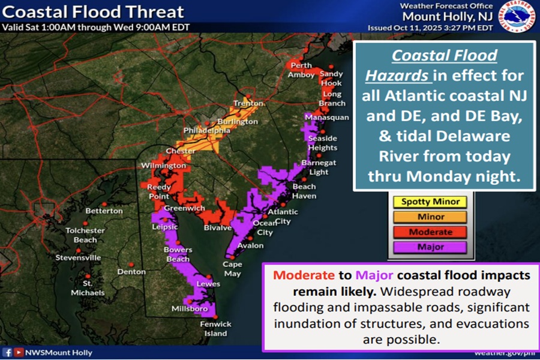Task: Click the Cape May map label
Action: point(232,269)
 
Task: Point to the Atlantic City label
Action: point(282,216)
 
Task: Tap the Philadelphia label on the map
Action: point(207,130)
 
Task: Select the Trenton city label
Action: point(248,103)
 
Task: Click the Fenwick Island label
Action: point(214,329)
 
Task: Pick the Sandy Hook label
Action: point(331,79)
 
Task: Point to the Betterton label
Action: point(104,211)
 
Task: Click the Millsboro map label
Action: point(190,308)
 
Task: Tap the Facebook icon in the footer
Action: point(8,352)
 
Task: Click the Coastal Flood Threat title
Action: point(93,12)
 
